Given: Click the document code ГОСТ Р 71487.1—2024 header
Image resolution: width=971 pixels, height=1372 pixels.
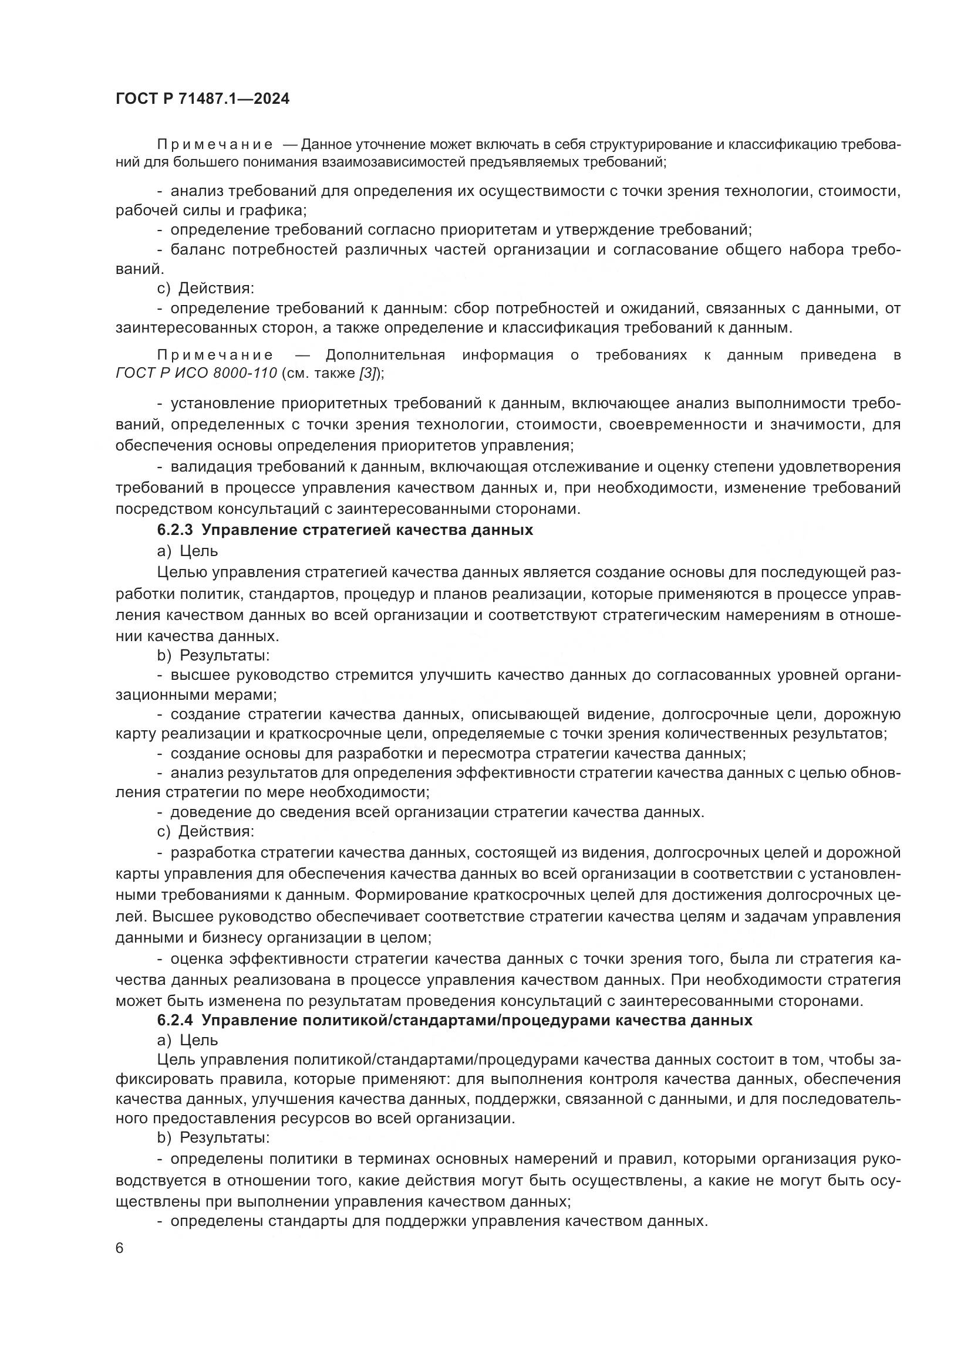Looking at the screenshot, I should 202,99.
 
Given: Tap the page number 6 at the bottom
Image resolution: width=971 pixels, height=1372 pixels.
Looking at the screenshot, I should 120,1248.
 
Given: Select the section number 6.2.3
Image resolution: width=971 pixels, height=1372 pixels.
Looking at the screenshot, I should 175,530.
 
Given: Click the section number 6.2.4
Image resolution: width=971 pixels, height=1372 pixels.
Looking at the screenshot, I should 175,1020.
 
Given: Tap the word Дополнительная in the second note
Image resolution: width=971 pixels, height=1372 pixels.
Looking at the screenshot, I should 385,355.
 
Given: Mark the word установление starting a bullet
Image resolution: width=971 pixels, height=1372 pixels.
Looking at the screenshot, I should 217,404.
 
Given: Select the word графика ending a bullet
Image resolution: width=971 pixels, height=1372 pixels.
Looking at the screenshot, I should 279,211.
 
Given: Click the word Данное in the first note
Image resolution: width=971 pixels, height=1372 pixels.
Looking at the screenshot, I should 325,145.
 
